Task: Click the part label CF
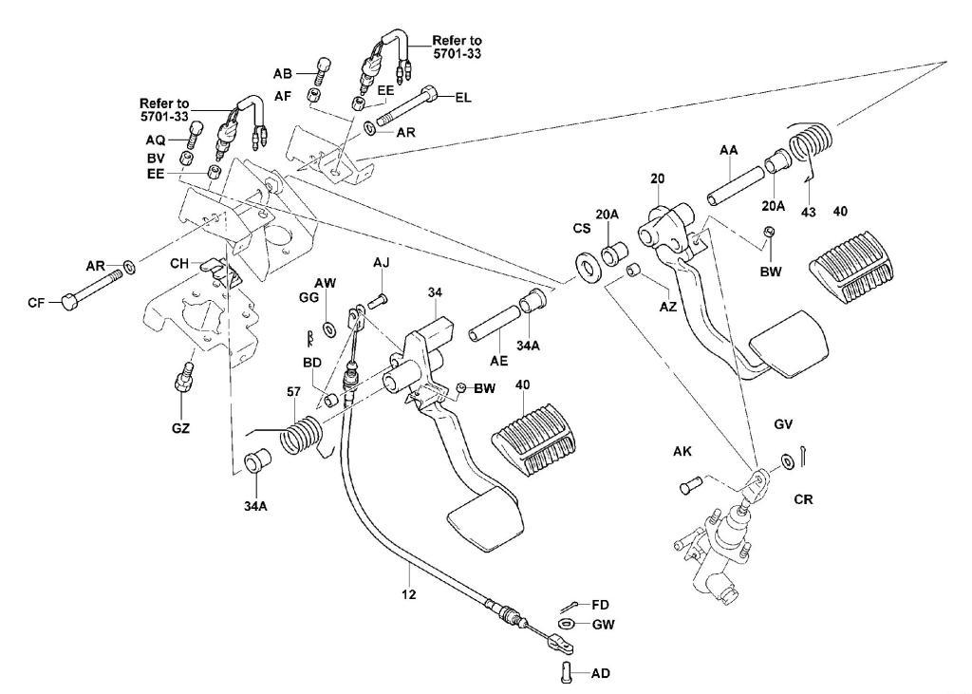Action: click(x=37, y=304)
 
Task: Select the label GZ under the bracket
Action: click(x=180, y=428)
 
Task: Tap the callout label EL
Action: click(x=463, y=97)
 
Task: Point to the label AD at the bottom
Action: click(x=600, y=674)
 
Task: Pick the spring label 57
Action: click(x=294, y=392)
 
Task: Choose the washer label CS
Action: click(x=581, y=229)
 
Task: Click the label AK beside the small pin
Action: click(x=682, y=452)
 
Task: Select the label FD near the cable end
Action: click(x=600, y=604)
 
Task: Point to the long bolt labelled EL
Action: click(x=408, y=107)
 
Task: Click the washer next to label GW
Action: click(x=566, y=624)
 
